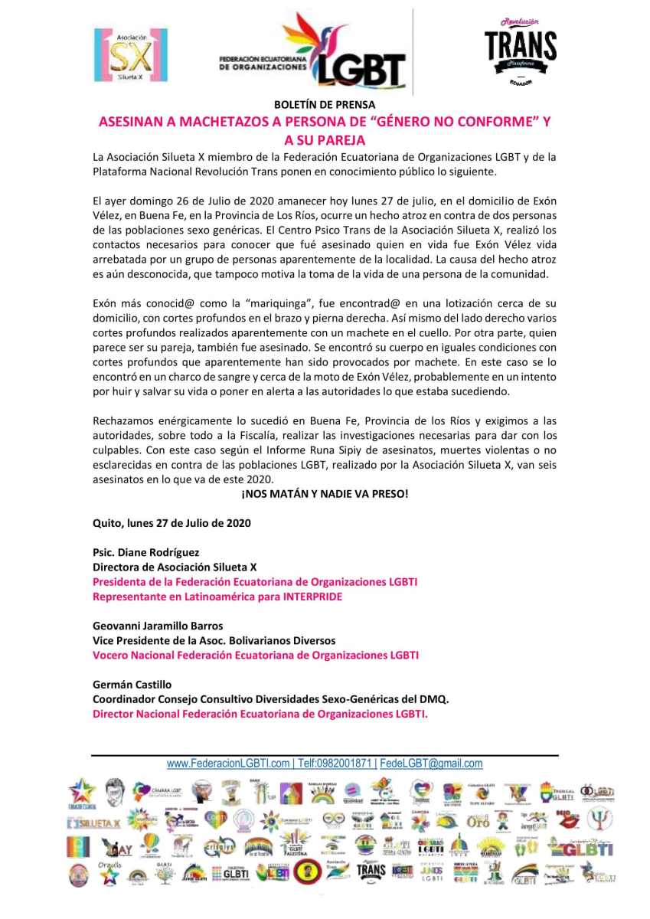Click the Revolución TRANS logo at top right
coord(521,51)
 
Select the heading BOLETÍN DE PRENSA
coord(325,105)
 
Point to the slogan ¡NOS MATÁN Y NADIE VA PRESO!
coord(325,494)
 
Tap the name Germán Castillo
coord(131,684)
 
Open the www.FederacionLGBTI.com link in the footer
coord(229,764)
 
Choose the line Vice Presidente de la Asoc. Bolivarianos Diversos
coord(214,640)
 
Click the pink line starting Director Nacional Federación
coord(260,713)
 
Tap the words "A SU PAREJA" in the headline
coord(325,140)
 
